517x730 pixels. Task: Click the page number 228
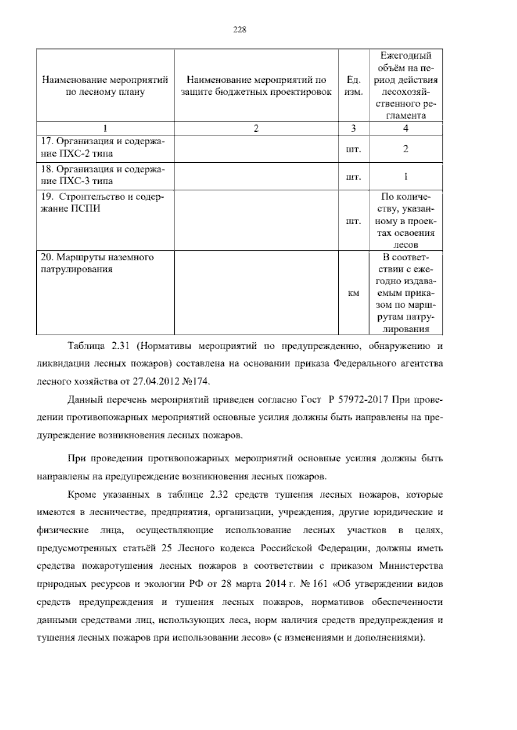[x=239, y=30]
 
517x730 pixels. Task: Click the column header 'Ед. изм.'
[x=353, y=86]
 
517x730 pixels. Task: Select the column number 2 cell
[x=256, y=128]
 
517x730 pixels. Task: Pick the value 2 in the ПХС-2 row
[x=405, y=149]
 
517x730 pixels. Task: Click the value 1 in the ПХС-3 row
[x=405, y=176]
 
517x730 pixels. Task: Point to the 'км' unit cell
[x=353, y=294]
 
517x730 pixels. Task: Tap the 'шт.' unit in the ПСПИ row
[x=353, y=222]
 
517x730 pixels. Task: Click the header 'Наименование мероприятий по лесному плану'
[x=105, y=86]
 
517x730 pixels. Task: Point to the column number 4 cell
[x=405, y=128]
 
